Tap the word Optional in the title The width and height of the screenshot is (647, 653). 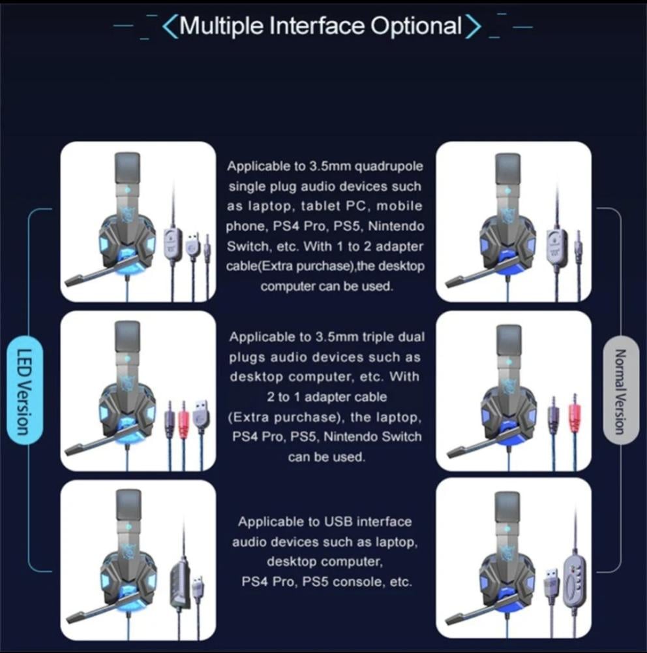coord(416,26)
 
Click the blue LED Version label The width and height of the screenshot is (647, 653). coord(25,390)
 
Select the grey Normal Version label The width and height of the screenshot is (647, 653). coord(621,390)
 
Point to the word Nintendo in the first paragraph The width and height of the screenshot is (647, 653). coord(396,226)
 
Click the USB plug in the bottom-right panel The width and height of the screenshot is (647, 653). coord(552,581)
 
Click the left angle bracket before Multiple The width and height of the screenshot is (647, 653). coord(170,27)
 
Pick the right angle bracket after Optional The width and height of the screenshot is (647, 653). coord(473,27)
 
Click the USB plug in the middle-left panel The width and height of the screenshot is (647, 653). coord(202,415)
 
